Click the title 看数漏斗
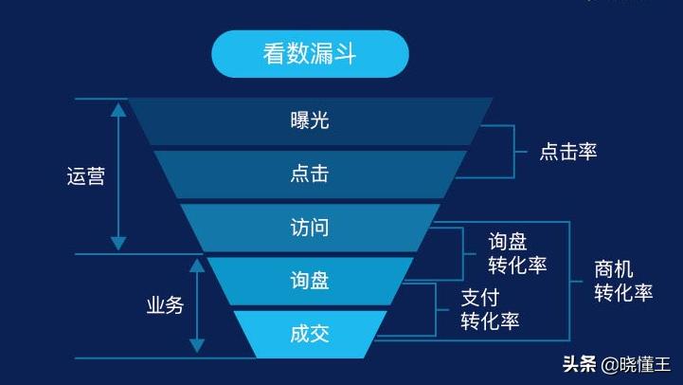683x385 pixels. point(310,53)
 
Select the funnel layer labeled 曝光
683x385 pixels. point(310,120)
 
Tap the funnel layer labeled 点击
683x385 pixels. point(310,174)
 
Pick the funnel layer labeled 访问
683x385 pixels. point(310,228)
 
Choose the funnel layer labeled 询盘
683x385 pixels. point(310,281)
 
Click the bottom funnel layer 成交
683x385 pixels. point(310,334)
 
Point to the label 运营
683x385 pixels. point(85,176)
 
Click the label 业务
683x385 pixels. point(164,305)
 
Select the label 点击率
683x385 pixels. point(568,151)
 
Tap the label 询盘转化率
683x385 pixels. point(517,253)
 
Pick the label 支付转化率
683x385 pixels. point(490,308)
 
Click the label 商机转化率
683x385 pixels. point(623,281)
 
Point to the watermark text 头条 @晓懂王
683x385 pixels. point(616,364)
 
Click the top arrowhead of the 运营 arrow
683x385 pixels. point(118,109)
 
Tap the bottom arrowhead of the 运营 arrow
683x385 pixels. point(118,244)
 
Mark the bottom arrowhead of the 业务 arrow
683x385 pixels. point(197,346)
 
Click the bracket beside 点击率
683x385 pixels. point(513,150)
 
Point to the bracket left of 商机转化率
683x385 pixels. point(570,282)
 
